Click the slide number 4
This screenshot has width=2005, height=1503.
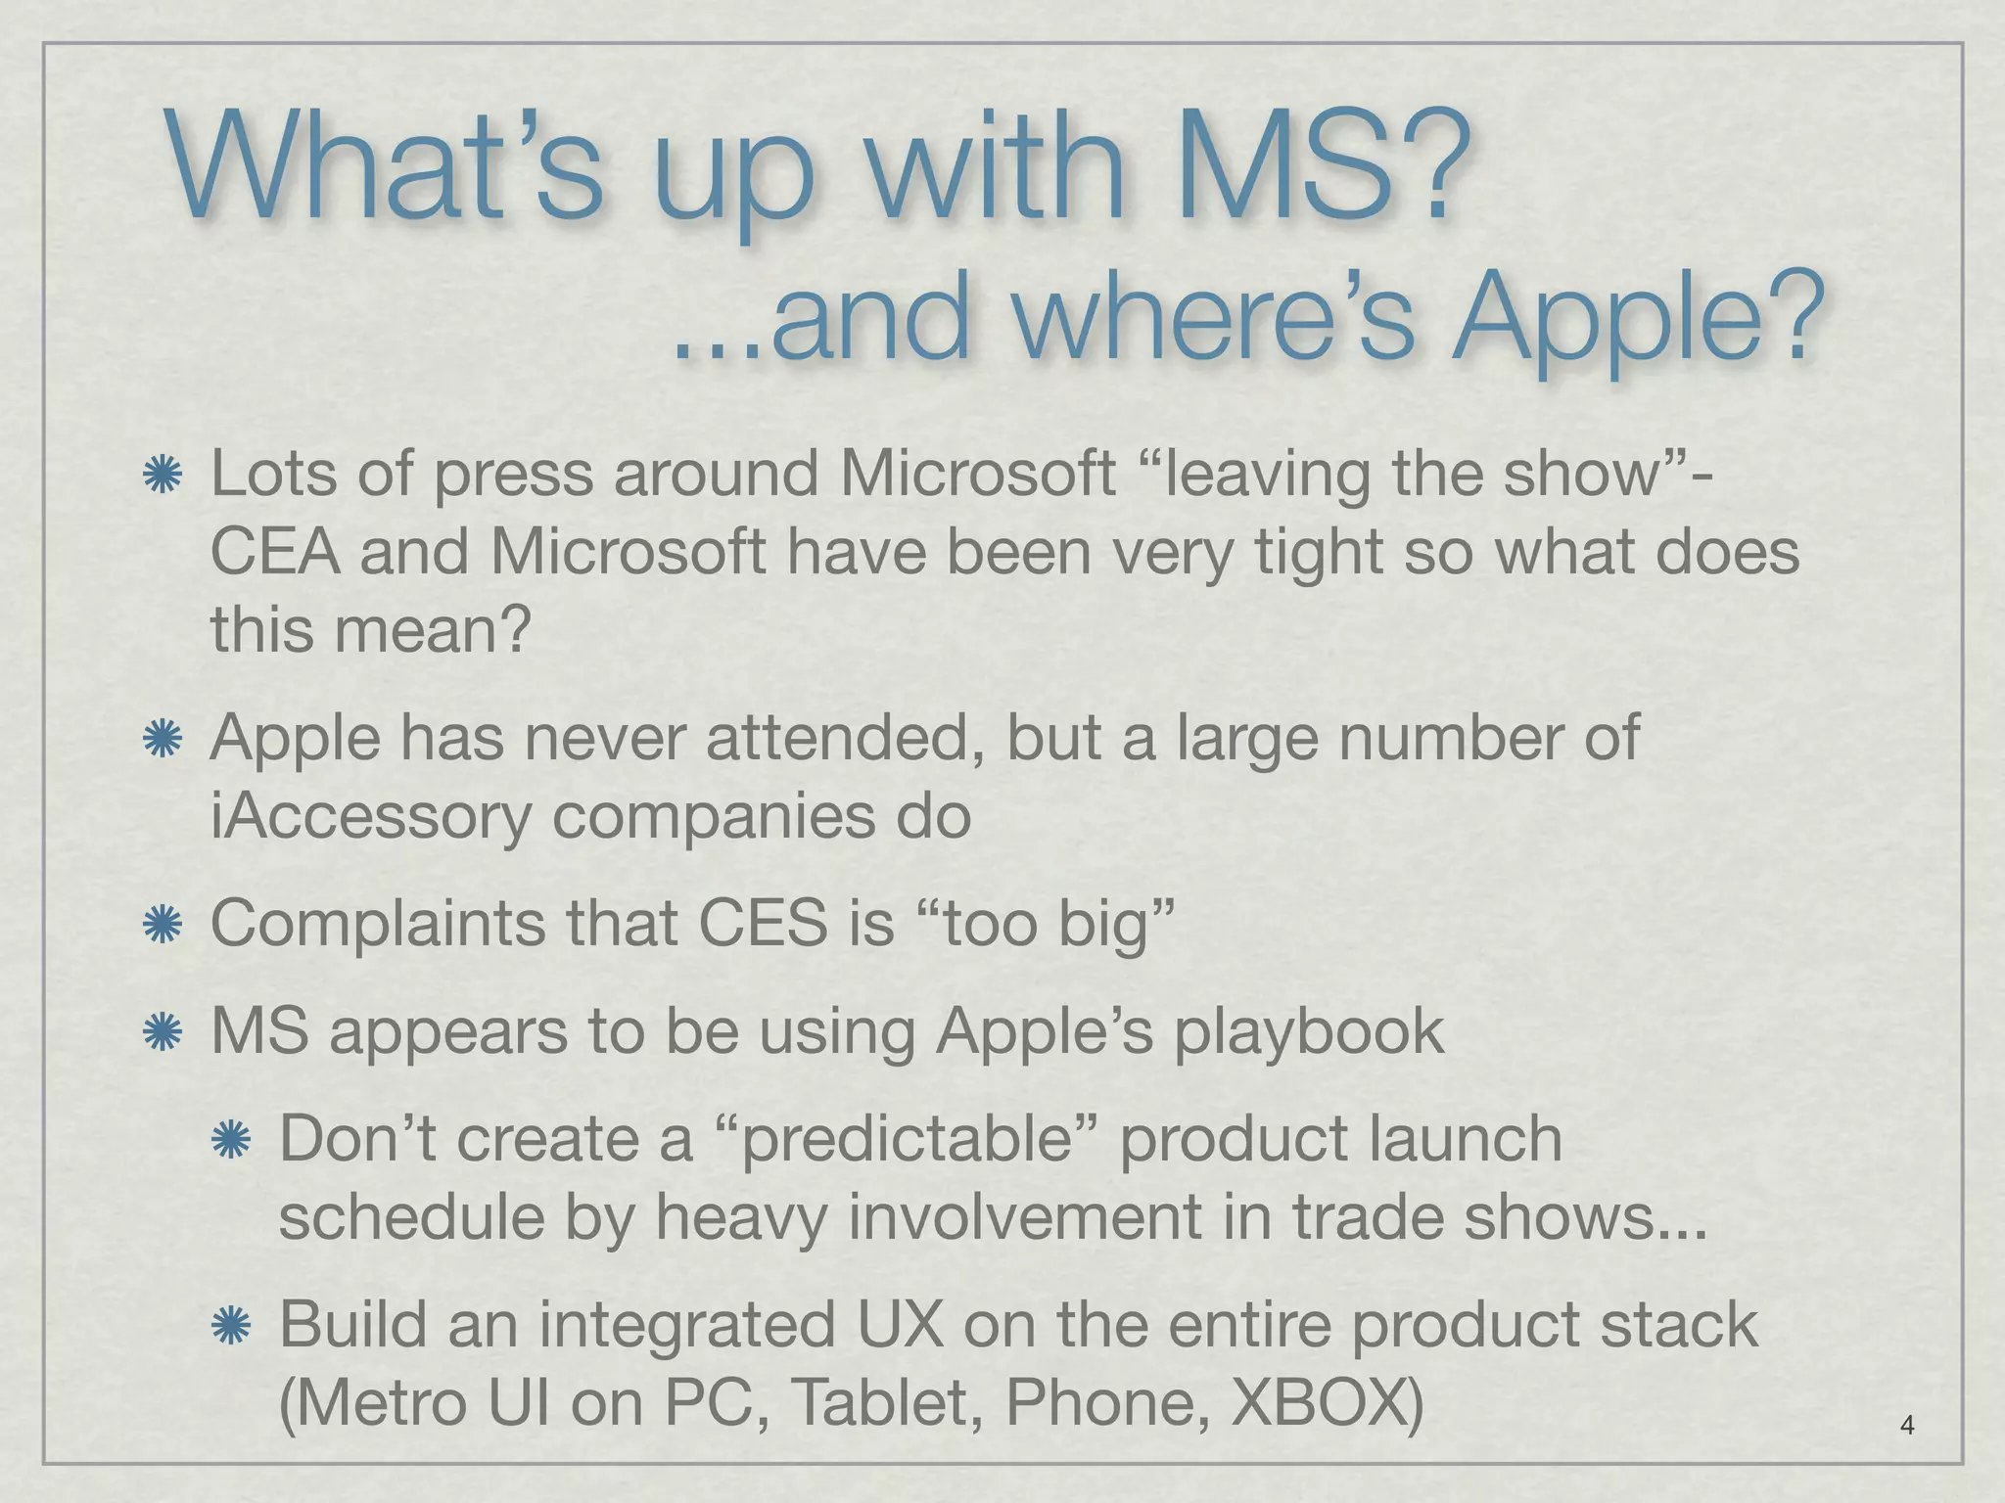click(1906, 1426)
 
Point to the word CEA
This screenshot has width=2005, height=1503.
click(275, 552)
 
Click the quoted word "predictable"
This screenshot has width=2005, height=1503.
click(907, 1139)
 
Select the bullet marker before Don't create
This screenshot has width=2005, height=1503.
click(231, 1141)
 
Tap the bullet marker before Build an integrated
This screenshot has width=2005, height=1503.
click(231, 1326)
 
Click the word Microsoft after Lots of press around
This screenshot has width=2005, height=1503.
click(978, 475)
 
